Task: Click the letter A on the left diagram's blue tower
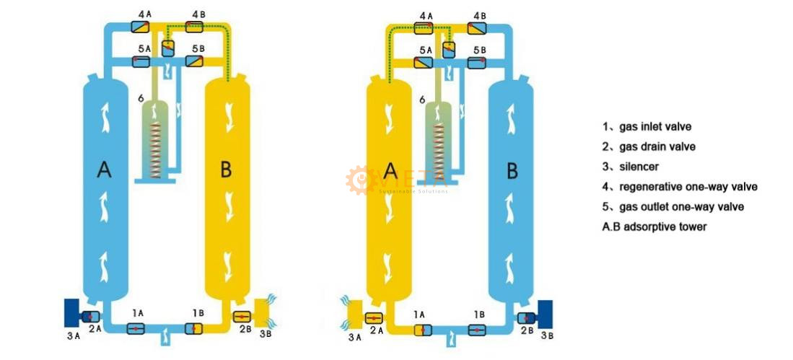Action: point(104,171)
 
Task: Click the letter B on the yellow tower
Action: point(226,170)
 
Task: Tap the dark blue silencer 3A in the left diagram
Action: point(71,312)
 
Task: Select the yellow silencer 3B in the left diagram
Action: point(263,312)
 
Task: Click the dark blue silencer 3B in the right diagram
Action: point(546,314)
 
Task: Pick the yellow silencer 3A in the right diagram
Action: point(356,314)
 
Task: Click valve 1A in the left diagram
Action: point(136,329)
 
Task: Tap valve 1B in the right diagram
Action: point(476,330)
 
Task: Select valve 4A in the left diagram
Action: point(140,27)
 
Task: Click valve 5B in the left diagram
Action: point(194,61)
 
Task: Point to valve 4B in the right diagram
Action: point(477,28)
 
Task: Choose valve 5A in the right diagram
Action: point(423,63)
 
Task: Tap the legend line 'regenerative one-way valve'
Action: point(688,187)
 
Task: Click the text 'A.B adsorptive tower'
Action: point(654,227)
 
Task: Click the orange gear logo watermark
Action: point(359,180)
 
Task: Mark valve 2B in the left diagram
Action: point(242,317)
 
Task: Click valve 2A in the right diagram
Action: point(374,318)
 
